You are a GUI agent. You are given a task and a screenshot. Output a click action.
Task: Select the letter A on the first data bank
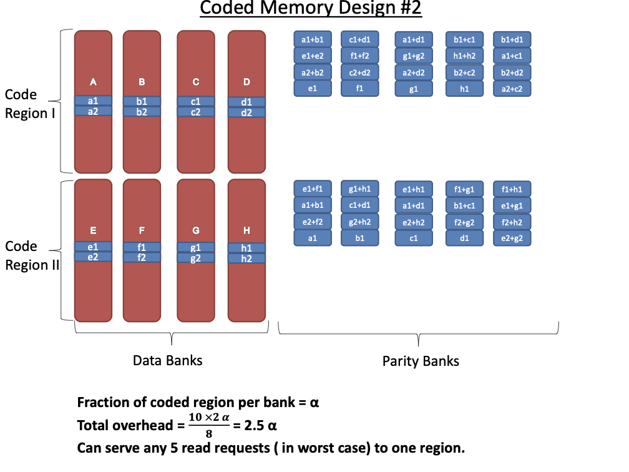93,82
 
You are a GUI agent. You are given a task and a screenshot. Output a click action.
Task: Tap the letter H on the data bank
246,231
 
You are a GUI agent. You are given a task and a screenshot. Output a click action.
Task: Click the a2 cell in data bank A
93,111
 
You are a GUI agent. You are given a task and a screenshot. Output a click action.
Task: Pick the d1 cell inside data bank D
246,102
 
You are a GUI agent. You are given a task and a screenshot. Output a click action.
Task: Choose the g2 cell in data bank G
195,257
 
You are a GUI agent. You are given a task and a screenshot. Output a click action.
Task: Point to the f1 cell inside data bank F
142,247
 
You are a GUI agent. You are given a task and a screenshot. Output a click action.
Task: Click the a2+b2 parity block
313,72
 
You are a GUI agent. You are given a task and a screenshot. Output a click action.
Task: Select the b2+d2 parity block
512,72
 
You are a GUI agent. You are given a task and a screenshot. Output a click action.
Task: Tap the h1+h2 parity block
465,56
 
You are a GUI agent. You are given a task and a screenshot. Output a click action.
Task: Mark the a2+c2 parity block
512,89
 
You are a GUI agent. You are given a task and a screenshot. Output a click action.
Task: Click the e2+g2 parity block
512,238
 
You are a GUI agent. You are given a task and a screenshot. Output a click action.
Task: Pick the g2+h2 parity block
359,222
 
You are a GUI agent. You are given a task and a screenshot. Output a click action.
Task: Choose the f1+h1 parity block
512,189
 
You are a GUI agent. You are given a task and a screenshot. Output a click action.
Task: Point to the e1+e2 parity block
313,56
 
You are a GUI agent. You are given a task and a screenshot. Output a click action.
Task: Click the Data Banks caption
167,361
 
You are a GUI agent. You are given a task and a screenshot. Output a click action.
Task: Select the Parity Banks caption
421,361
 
